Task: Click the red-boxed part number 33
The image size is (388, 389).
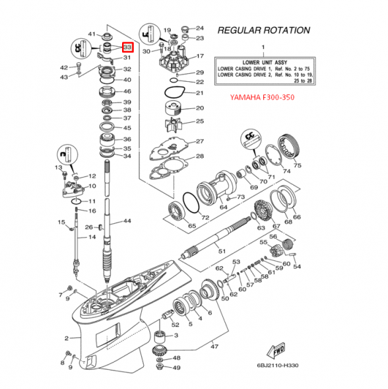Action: pyautogui.click(x=127, y=48)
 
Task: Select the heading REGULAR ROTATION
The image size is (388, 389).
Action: pyautogui.click(x=263, y=30)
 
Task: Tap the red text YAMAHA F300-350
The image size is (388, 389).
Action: pyautogui.click(x=261, y=98)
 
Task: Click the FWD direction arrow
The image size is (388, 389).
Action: pyautogui.click(x=274, y=351)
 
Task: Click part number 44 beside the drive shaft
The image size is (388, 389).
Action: pyautogui.click(x=127, y=221)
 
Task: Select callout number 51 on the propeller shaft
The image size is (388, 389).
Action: pyautogui.click(x=222, y=252)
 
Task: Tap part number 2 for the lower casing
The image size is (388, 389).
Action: pyautogui.click(x=67, y=338)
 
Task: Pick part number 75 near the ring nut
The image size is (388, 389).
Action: pyautogui.click(x=297, y=165)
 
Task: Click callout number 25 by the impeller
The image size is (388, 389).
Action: pyautogui.click(x=199, y=121)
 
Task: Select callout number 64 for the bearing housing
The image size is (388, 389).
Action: pyautogui.click(x=224, y=207)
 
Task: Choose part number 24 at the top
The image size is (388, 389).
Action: pyautogui.click(x=200, y=28)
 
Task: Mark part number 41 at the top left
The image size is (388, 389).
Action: pyautogui.click(x=92, y=34)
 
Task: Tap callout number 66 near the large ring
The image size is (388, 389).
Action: pyautogui.click(x=296, y=217)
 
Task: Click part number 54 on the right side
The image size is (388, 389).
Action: pyautogui.click(x=297, y=267)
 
